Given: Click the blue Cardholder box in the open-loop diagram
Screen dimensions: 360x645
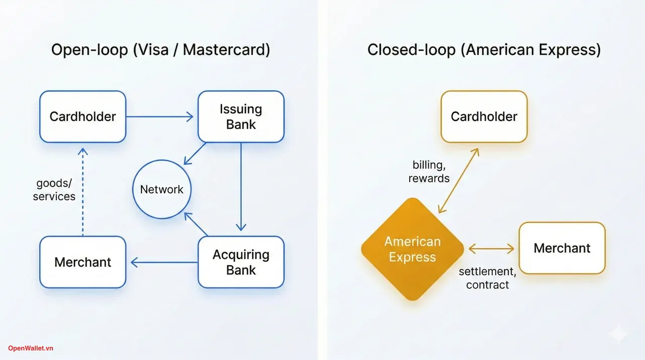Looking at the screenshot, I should click(83, 116).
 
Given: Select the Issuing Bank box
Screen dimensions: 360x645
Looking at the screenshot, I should click(241, 116).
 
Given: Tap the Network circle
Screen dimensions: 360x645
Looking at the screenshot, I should click(162, 190).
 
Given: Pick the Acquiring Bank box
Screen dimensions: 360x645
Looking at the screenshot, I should click(241, 262).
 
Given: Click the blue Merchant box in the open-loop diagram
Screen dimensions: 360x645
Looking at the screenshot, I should click(83, 262).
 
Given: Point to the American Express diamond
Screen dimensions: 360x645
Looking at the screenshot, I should click(412, 250).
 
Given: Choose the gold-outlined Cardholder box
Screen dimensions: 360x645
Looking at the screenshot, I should click(484, 116).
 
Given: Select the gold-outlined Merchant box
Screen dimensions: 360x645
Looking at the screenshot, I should click(562, 248).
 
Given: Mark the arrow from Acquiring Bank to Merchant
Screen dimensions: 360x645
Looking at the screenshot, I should click(164, 262).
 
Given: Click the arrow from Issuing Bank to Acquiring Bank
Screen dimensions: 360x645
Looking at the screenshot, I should click(241, 187).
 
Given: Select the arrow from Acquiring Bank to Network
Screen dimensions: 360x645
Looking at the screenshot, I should click(197, 224).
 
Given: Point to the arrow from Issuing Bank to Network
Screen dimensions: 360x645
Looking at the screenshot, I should click(196, 153).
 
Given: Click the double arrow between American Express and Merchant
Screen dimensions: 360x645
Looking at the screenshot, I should click(491, 249).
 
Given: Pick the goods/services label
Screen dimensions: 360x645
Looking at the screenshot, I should click(54, 190).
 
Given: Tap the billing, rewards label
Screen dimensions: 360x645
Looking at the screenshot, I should click(429, 171).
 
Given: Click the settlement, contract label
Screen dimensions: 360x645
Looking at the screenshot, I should click(487, 278).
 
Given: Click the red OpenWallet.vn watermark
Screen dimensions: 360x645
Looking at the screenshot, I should click(30, 348).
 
